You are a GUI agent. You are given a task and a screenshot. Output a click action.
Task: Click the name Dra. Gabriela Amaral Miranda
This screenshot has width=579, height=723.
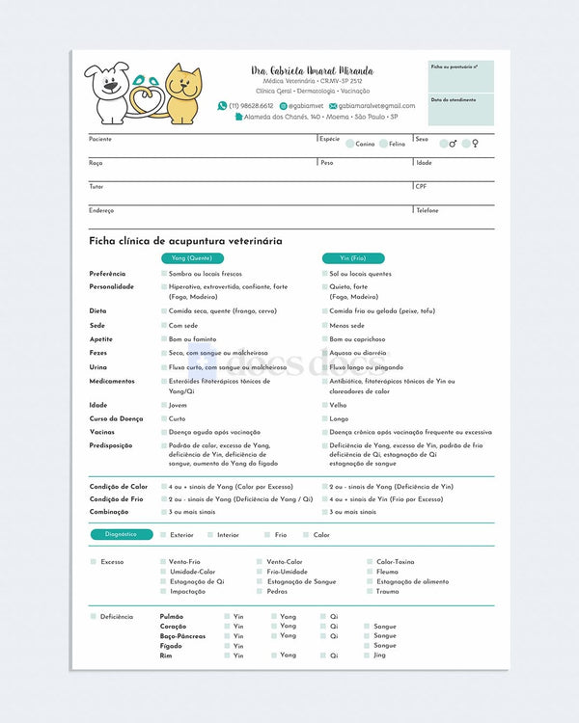(312, 71)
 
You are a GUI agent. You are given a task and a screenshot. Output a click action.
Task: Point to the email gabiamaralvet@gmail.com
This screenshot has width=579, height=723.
(376, 106)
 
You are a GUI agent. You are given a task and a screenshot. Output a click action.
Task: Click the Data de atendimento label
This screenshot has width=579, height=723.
(451, 100)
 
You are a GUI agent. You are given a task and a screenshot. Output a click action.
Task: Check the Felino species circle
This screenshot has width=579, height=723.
(383, 144)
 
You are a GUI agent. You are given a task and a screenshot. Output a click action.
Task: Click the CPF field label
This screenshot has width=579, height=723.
(422, 186)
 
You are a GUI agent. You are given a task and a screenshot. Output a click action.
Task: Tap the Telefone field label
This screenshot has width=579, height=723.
(427, 210)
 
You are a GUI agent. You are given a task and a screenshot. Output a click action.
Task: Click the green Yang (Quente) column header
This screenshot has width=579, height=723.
(192, 258)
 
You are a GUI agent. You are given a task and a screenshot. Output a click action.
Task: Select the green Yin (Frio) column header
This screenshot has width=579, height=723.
(353, 258)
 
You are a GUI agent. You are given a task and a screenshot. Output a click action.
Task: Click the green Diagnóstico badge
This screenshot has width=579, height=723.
(122, 534)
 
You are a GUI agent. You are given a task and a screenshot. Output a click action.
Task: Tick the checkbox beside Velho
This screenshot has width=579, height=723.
(323, 406)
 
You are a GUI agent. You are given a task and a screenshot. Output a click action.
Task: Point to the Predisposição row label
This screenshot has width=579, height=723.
(112, 446)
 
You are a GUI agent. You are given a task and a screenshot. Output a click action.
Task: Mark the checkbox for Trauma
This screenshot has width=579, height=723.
(370, 592)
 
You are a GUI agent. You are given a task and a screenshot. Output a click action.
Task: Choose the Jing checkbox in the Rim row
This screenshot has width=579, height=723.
(367, 656)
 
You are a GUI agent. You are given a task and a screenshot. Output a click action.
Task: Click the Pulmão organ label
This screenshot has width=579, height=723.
(172, 616)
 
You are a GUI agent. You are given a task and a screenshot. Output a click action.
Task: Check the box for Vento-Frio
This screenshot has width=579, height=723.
(162, 562)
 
